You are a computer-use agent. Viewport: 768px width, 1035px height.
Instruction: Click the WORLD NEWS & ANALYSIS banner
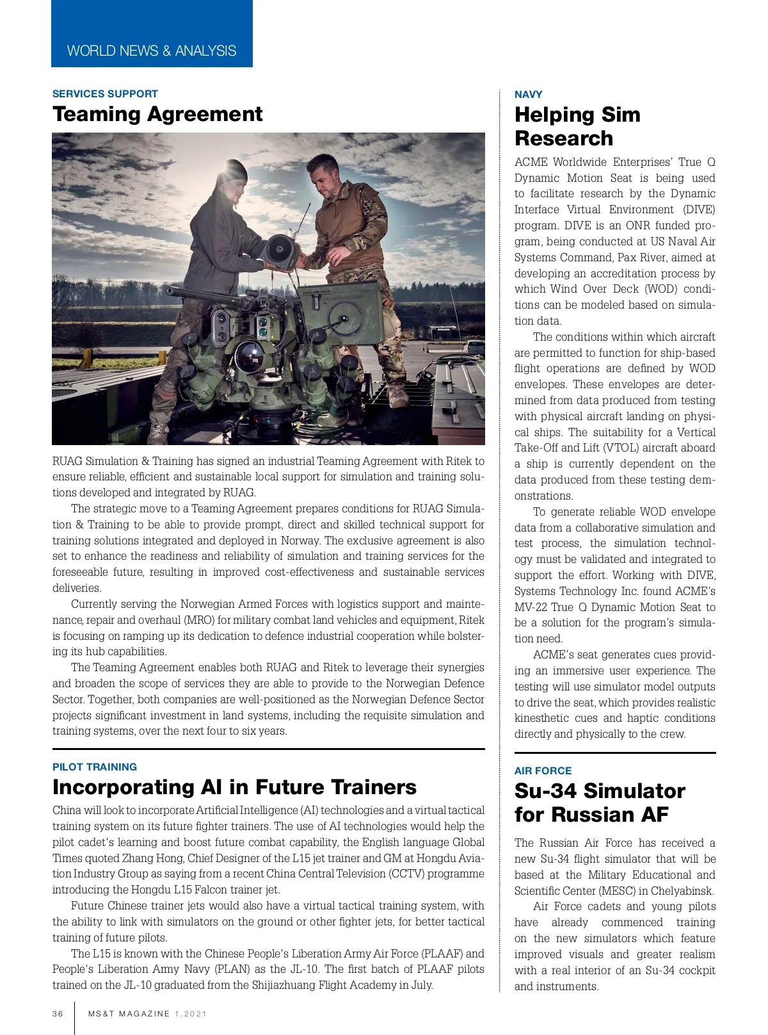152,51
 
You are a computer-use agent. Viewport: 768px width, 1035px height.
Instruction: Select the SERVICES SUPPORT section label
105,94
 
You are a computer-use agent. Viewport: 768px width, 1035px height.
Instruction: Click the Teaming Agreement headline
157,114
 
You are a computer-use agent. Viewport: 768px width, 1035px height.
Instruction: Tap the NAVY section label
528,94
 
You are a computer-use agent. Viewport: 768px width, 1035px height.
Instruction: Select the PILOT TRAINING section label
95,767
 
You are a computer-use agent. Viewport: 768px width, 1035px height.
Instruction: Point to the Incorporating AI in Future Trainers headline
234,786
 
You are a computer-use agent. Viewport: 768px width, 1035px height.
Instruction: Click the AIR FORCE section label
543,770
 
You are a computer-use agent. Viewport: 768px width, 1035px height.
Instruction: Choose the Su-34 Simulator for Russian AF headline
600,803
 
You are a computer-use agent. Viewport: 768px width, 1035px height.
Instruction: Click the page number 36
58,1014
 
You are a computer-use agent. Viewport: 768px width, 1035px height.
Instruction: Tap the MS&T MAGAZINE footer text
129,1014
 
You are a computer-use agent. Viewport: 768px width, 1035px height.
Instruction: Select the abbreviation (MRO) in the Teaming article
200,620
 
